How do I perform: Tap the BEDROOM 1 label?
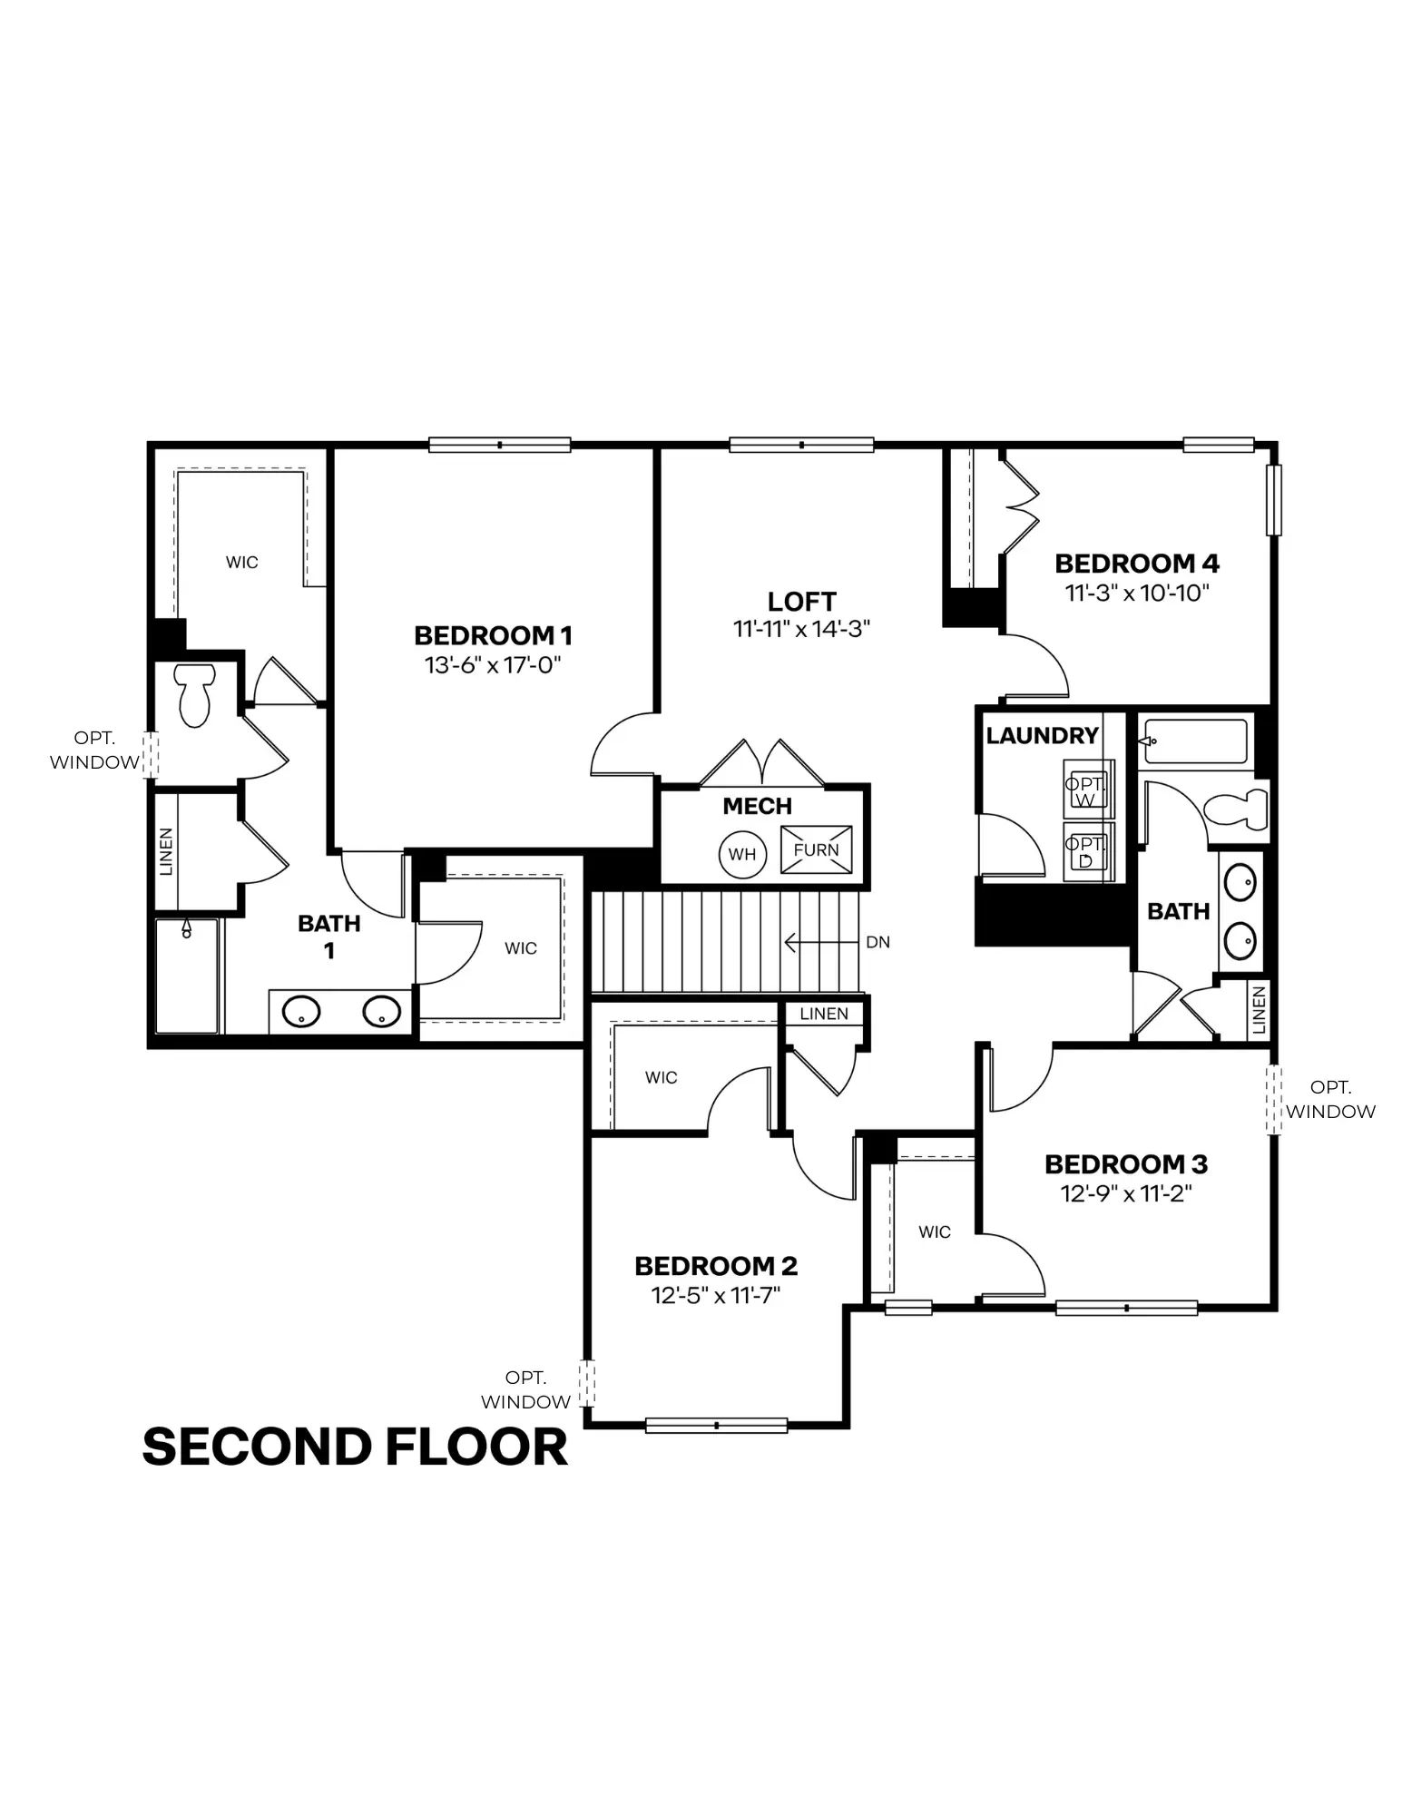[494, 635]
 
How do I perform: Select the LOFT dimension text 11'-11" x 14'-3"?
[802, 629]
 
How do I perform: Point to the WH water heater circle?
[742, 854]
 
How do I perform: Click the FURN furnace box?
[816, 849]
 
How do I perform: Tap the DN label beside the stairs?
[877, 942]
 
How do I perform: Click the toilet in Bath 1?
[194, 694]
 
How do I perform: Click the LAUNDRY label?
[1043, 735]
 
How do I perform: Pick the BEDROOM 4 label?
[1137, 564]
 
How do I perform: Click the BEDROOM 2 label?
[716, 1266]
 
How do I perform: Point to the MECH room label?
[758, 806]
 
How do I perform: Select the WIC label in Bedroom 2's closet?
[662, 1077]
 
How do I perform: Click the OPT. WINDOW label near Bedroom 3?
[1330, 1099]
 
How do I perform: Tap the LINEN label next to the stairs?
[825, 1014]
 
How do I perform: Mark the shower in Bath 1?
[187, 976]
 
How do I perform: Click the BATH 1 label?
[329, 937]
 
